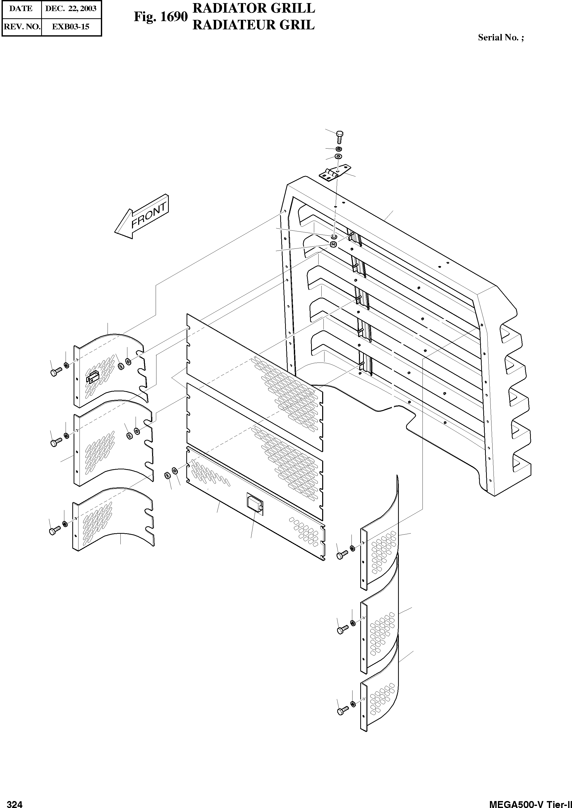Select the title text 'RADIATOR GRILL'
254,8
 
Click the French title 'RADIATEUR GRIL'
254,25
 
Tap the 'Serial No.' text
500,38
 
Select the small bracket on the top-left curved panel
93,377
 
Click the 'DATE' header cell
21,9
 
